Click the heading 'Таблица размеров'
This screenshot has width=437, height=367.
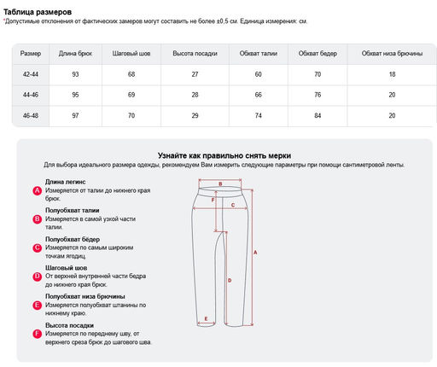[x=38, y=12]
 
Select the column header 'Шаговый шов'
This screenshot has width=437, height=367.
[x=131, y=54]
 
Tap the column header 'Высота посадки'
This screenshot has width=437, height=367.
[x=195, y=54]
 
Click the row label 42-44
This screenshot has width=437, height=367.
[x=31, y=74]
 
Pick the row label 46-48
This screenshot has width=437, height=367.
[x=31, y=115]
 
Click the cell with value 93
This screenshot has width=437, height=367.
[x=75, y=74]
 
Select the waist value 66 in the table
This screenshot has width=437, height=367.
[x=258, y=95]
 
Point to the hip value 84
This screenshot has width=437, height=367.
[x=318, y=115]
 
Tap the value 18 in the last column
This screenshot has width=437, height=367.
[x=392, y=74]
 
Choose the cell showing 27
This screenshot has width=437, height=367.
[x=195, y=74]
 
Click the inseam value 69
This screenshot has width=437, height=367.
[x=131, y=95]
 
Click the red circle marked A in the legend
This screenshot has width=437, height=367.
[x=38, y=190]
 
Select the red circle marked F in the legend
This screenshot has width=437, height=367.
[x=38, y=334]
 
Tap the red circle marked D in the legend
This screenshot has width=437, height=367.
[x=38, y=277]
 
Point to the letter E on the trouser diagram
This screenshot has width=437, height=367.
[x=206, y=318]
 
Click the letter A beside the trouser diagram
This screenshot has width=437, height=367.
[x=255, y=252]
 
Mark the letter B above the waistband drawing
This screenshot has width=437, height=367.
[x=220, y=184]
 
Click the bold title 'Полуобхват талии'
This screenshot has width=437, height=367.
[x=73, y=210]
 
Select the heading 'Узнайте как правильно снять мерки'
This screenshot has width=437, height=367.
[x=224, y=155]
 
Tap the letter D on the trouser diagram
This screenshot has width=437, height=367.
[x=230, y=281]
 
